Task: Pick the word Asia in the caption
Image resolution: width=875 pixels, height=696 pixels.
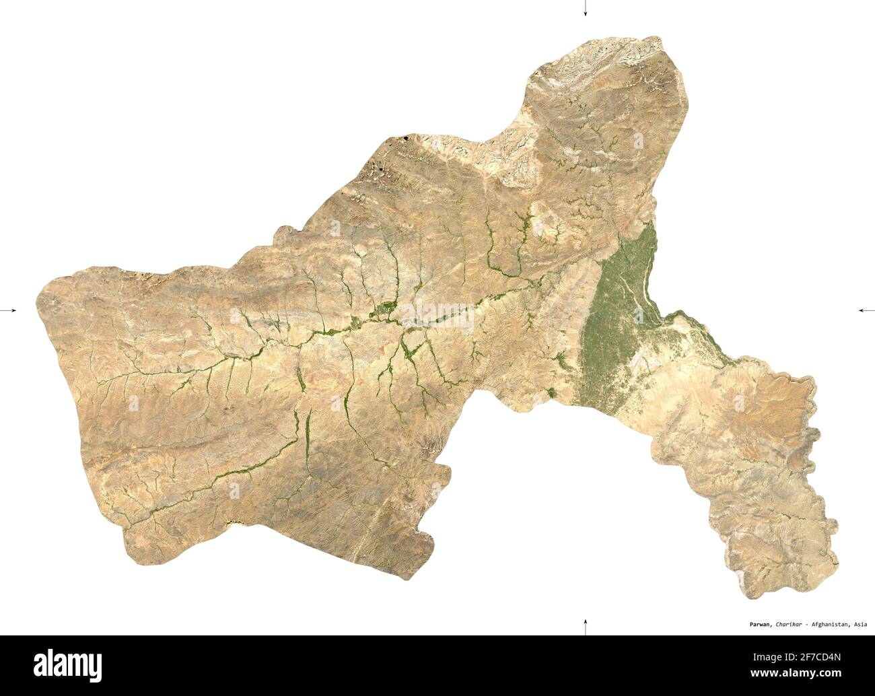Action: (x=860, y=624)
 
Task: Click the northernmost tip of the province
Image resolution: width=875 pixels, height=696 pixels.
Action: (x=656, y=38)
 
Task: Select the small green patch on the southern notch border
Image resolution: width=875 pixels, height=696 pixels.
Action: (x=552, y=392)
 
